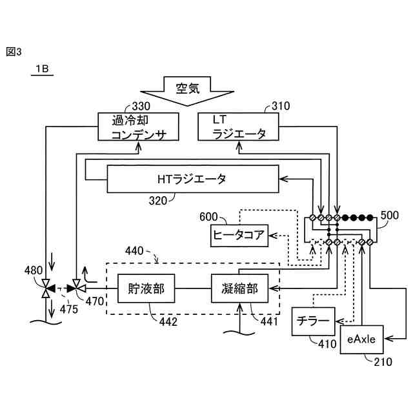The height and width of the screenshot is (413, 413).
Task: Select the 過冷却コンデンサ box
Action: pyautogui.click(x=139, y=126)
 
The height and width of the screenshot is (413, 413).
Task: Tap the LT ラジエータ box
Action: pyautogui.click(x=239, y=126)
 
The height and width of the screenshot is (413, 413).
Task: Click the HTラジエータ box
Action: pyautogui.click(x=192, y=179)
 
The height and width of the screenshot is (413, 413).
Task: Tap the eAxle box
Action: pyautogui.click(x=362, y=337)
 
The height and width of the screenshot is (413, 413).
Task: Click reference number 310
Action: pyautogui.click(x=281, y=105)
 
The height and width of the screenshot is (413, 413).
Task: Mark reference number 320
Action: pyautogui.click(x=158, y=201)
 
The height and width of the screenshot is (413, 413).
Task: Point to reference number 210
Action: pyautogui.click(x=383, y=362)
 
